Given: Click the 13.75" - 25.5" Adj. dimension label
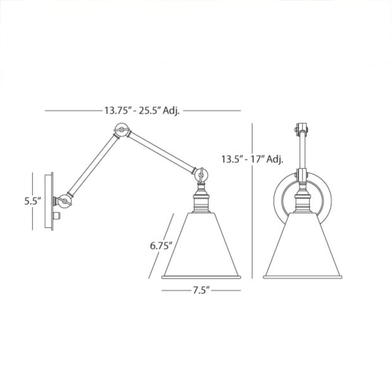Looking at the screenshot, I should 142,110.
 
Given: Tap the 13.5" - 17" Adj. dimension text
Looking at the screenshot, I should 252,159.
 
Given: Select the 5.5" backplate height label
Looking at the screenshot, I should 33,201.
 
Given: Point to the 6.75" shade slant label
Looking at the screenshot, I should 161,245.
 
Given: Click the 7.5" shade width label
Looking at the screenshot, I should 201,290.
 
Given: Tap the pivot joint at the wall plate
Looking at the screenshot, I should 65,201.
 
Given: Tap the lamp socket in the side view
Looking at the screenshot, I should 201,201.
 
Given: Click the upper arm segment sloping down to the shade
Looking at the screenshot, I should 161,152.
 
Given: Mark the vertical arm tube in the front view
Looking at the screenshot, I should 302,153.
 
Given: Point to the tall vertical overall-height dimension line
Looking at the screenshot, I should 252,223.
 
